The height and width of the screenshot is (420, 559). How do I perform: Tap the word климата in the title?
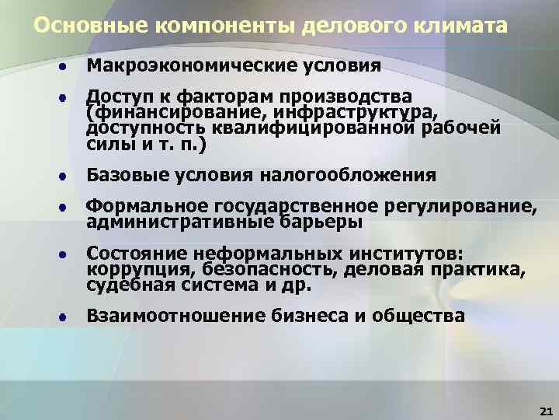click(465, 26)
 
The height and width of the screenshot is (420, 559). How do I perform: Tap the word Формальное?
click(144, 207)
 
